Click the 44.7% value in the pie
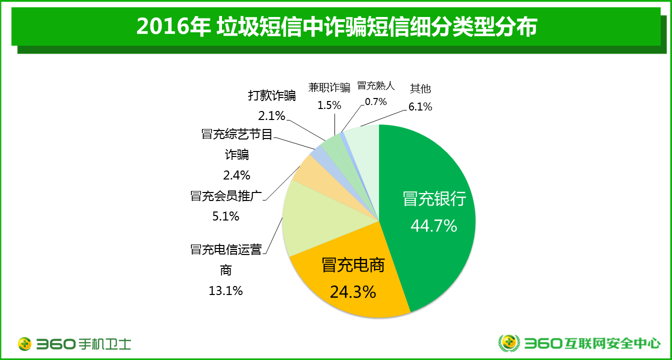pos(433,226)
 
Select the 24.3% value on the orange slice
pos(352,291)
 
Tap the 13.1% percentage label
pos(225,290)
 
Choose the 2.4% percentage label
pos(236,175)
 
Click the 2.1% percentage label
pos(271,116)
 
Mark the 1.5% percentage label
pos(329,105)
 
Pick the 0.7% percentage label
pos(375,102)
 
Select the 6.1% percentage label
pos(420,106)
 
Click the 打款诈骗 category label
pos(272,95)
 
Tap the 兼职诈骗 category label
pos(329,88)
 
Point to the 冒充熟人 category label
pos(375,85)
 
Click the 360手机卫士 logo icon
pos(25,344)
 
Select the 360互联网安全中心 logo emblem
pos(509,343)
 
